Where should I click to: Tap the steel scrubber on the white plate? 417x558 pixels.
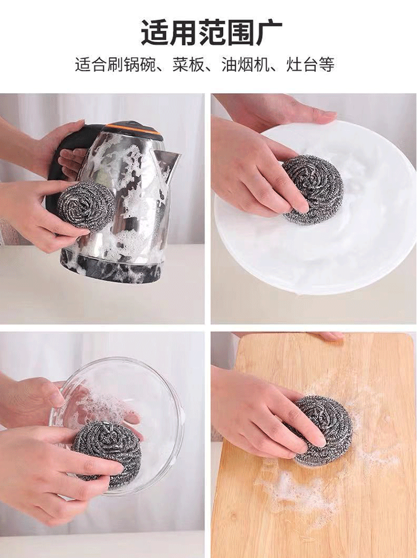pos(312,190)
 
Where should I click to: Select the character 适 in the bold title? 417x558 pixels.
pos(156,32)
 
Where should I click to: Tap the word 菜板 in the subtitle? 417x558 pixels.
pos(188,65)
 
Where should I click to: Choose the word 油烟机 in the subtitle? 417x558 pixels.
pos(245,65)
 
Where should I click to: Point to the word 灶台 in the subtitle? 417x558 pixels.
pos(302,65)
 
